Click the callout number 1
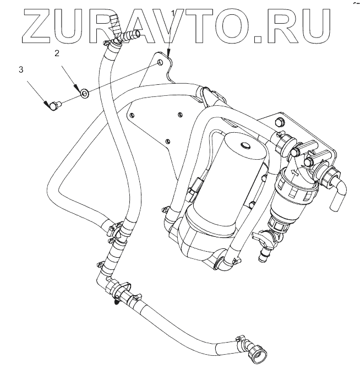tap(173, 12)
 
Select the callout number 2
tap(56, 53)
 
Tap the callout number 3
tap(21, 70)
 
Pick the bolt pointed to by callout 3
tap(53, 105)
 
